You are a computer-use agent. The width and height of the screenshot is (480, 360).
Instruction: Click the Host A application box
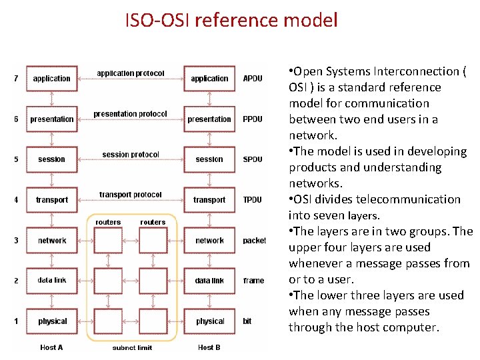click(x=52, y=79)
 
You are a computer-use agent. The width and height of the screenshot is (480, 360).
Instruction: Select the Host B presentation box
click(x=209, y=119)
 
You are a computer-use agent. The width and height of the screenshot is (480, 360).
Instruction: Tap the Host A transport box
click(x=52, y=200)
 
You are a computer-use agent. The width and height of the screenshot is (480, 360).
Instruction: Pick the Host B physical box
click(x=210, y=321)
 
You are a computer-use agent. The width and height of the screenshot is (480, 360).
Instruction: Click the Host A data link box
click(x=52, y=281)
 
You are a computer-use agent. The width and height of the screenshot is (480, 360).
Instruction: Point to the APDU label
click(x=253, y=79)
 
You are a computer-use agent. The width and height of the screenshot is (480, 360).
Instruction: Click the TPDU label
click(x=253, y=200)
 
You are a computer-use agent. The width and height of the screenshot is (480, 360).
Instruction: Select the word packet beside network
click(x=255, y=241)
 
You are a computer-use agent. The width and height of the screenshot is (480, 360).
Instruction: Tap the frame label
click(x=253, y=281)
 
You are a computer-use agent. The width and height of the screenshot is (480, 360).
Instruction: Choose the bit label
click(x=247, y=321)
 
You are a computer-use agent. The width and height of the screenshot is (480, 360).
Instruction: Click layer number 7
click(x=16, y=79)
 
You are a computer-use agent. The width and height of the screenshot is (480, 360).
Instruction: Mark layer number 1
click(x=16, y=321)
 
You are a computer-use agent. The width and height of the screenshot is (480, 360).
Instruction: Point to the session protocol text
click(x=131, y=155)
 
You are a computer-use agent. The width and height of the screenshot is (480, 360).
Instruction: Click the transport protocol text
click(x=131, y=195)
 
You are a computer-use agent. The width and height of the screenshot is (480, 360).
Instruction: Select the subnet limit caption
click(x=133, y=347)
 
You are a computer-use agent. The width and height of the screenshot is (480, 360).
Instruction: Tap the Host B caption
click(x=209, y=347)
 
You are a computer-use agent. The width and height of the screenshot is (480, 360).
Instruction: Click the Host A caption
click(x=52, y=347)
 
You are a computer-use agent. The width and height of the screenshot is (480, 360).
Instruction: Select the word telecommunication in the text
click(x=406, y=199)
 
